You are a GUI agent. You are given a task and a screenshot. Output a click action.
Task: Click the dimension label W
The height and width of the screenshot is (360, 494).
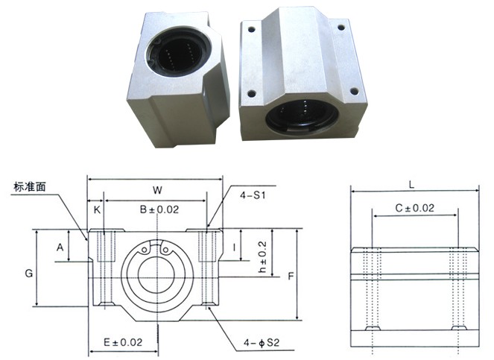[x=158, y=190]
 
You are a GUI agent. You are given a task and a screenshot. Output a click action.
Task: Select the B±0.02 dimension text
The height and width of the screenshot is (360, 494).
[x=159, y=209]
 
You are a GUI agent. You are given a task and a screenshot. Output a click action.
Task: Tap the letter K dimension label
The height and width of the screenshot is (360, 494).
[x=97, y=210]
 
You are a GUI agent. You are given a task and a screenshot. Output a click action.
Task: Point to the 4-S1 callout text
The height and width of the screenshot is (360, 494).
[x=253, y=195]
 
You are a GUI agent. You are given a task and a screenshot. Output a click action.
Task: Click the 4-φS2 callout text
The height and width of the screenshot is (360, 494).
[x=262, y=342]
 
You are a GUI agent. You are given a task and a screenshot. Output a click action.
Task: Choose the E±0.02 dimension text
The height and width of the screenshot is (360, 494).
[x=123, y=342]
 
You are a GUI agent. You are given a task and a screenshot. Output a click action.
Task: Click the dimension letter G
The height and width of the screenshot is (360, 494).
[x=28, y=273]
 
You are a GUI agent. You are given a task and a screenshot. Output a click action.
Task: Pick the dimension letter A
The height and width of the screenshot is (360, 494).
[x=60, y=247]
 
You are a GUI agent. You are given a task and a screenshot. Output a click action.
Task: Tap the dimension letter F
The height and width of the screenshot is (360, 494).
[x=291, y=276]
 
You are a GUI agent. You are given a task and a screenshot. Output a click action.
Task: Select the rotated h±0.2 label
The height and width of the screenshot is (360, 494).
[x=262, y=257]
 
